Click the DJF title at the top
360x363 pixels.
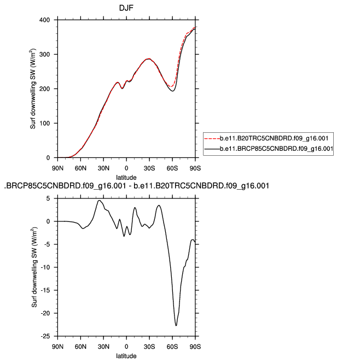[126, 8]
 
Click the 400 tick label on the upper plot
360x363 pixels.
[45, 20]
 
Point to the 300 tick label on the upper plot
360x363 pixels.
[45, 55]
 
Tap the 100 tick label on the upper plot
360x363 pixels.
[45, 124]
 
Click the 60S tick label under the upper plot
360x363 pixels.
[172, 167]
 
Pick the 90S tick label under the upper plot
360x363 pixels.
[195, 167]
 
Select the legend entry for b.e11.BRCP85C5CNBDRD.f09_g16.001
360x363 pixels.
[276, 148]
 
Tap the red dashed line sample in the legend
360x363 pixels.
[212, 137]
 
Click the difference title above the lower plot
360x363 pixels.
[136, 186]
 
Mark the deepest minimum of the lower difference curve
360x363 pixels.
[176, 325]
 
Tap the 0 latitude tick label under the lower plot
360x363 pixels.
[126, 347]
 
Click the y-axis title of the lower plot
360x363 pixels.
[33, 267]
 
